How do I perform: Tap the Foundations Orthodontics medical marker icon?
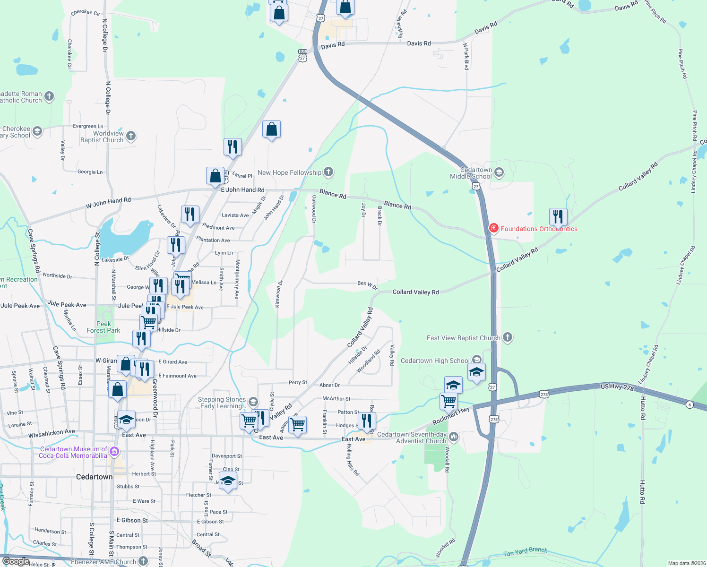point(493,229)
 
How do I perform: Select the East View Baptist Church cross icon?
point(508,337)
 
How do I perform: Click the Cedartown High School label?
point(435,361)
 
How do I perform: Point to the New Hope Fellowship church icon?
point(328,172)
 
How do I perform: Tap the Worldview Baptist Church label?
point(102,137)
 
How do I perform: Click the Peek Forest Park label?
point(103,327)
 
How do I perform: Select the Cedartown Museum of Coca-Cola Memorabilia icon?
point(114,452)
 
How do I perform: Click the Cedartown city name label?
point(95,477)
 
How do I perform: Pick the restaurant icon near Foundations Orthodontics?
point(558,216)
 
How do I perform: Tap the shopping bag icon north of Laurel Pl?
point(271,129)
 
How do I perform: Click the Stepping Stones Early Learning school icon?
point(253,402)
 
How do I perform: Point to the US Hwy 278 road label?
point(617,387)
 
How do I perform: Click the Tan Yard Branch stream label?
point(525,551)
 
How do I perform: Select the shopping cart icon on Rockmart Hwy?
point(448,401)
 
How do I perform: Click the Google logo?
point(16,561)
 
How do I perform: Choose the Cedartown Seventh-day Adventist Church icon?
point(454,437)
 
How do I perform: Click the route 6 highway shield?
point(690,405)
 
